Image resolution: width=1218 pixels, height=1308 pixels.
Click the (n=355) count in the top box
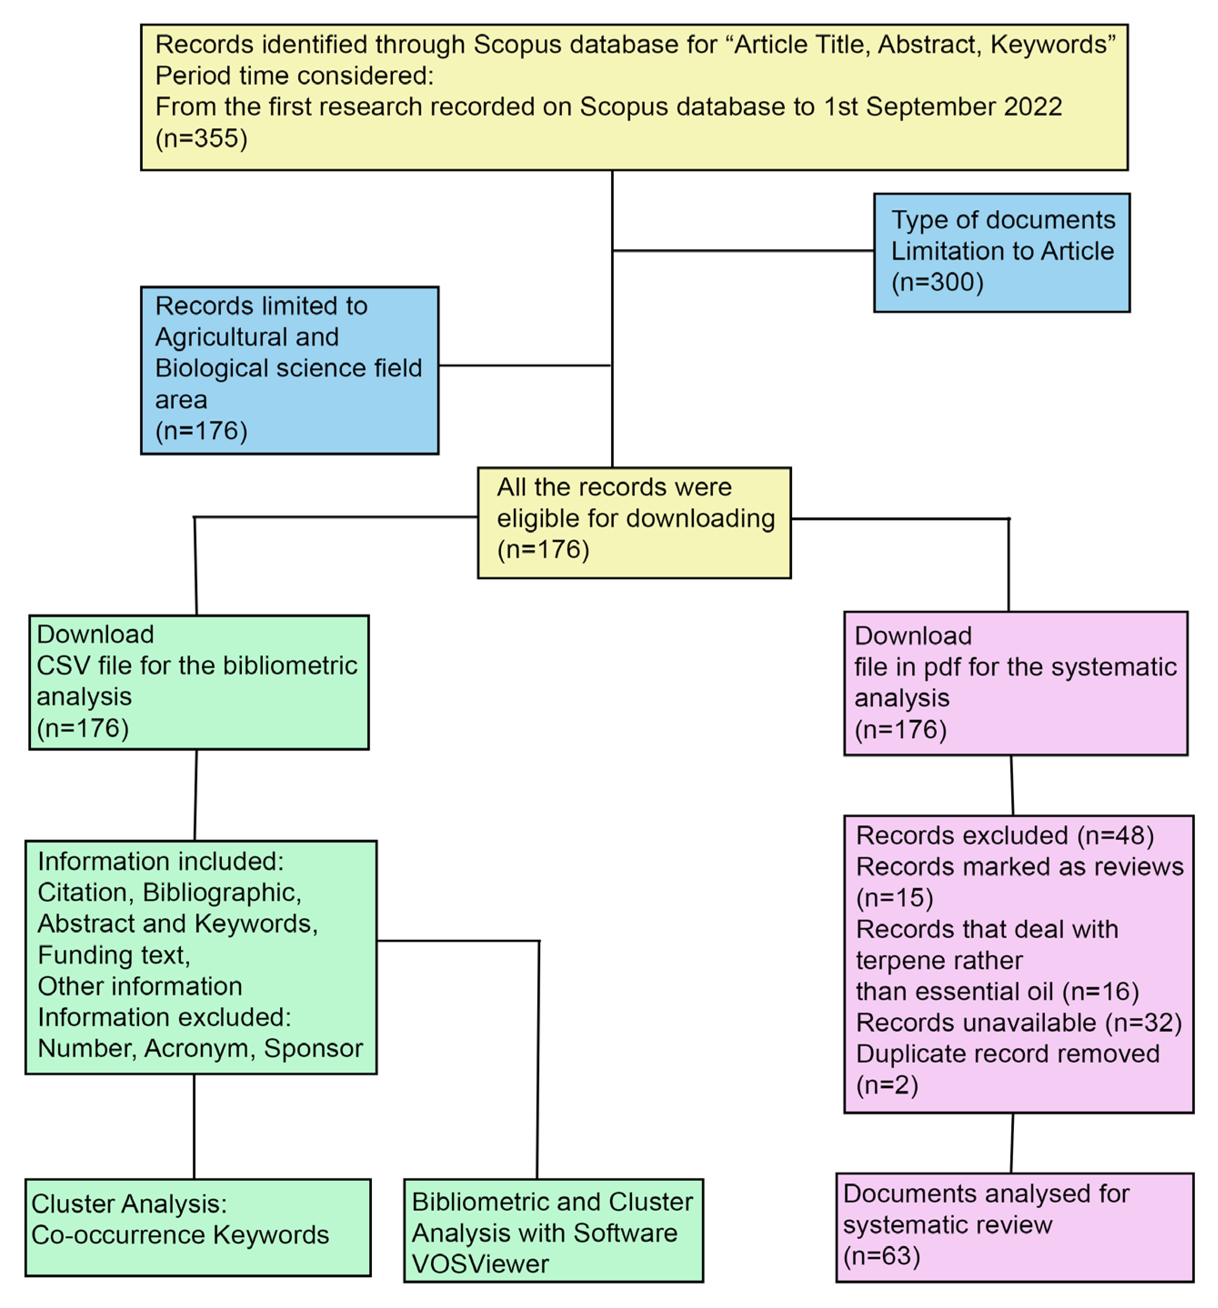200,138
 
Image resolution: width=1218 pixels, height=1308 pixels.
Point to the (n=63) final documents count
881,1256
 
